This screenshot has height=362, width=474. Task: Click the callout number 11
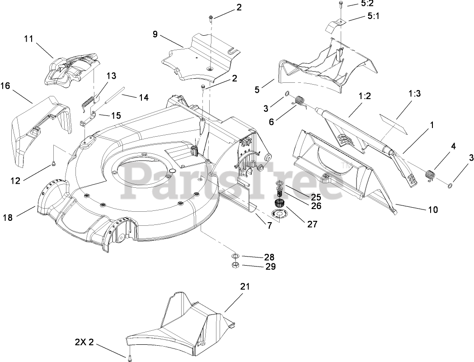point(29,39)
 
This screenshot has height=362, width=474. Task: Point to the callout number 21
point(245,286)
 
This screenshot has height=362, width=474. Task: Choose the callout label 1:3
point(414,94)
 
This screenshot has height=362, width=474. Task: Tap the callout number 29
point(270,267)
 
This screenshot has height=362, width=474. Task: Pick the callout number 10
point(432,210)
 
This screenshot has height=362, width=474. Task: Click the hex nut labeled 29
point(235,265)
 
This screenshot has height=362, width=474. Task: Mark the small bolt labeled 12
point(54,162)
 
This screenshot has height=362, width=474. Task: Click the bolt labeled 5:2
point(339,6)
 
